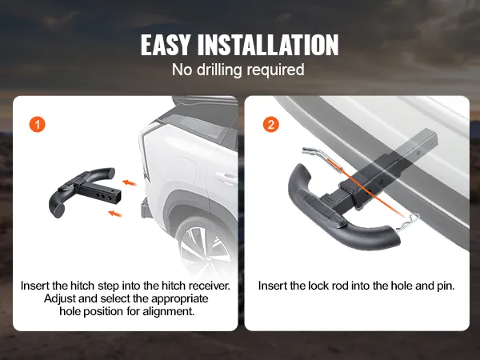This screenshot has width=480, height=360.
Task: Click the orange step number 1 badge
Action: point(38,125)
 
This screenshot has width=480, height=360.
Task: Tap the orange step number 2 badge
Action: point(271,125)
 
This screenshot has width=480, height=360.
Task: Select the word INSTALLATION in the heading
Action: point(268,45)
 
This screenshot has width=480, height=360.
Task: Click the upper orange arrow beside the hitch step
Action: point(129,183)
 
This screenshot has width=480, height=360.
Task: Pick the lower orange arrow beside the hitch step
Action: point(114,214)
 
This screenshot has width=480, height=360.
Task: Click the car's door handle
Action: point(226,178)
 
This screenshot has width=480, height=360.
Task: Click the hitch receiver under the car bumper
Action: point(146,208)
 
